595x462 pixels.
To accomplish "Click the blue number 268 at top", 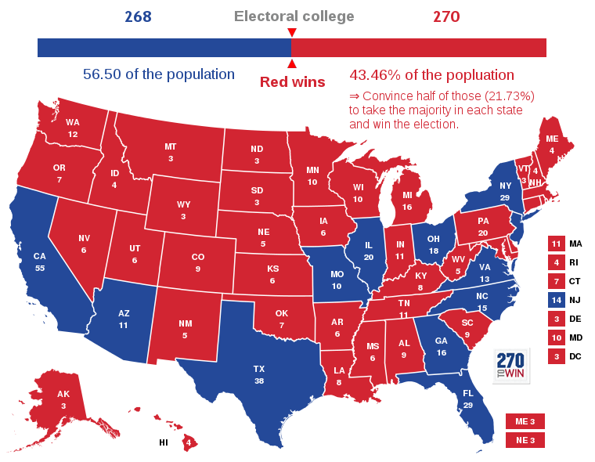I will point(136,16).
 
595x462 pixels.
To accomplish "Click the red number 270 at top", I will point(445,16).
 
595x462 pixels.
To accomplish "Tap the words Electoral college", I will point(294,16).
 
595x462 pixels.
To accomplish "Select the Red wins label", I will point(292,81).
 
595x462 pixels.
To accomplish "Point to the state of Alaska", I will point(63,399).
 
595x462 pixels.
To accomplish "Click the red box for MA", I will point(557,244).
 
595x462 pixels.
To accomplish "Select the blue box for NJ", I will point(557,300).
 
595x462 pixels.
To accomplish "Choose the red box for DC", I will point(557,356).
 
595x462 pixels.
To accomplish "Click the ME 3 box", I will point(525,421).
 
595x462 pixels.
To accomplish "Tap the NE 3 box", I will point(525,440).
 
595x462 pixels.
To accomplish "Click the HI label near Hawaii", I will point(164,442).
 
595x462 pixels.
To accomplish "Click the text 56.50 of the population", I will point(159,74).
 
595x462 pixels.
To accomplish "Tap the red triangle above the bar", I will point(291,32).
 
